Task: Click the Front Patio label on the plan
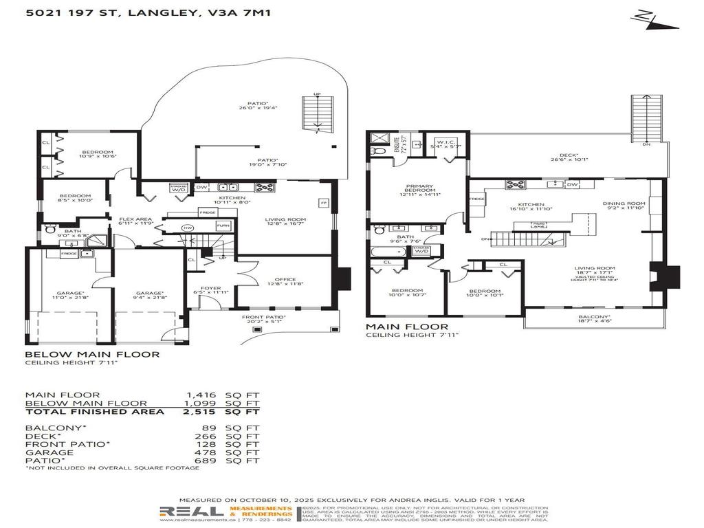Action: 261,318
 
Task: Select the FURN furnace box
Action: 222,226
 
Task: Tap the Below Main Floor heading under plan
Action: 92,355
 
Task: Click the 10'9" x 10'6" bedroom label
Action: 98,154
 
